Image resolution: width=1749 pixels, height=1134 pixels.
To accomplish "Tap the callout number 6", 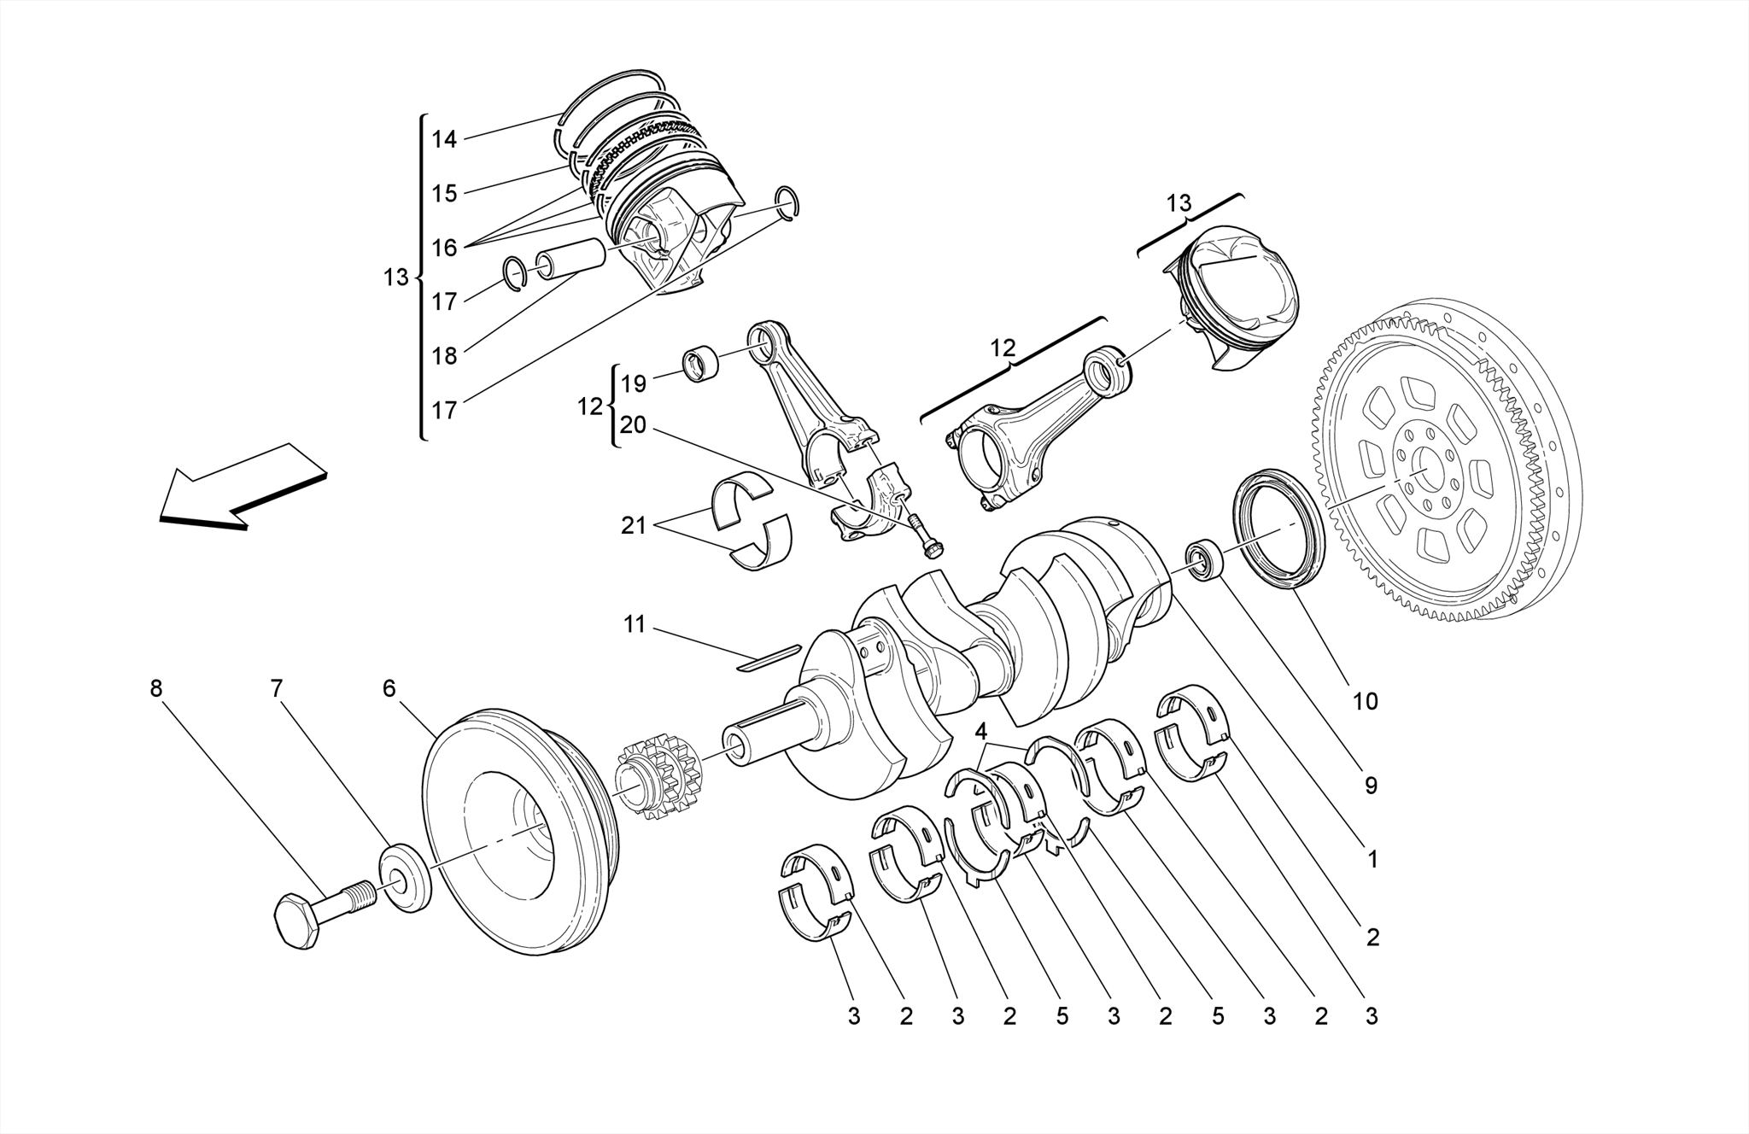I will [x=389, y=688].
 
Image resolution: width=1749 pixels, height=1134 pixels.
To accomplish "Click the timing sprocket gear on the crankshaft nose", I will [x=656, y=780].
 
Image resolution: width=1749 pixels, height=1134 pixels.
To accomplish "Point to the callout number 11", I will [x=634, y=624].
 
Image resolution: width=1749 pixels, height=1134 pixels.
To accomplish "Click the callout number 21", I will [x=634, y=526].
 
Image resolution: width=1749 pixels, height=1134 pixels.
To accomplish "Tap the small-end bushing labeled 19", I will [x=700, y=365].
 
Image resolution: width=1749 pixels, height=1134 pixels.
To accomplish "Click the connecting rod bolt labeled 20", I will [x=924, y=535].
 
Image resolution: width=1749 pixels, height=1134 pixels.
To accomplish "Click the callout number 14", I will [x=444, y=139].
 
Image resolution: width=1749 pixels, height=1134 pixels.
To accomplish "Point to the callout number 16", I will [x=444, y=248].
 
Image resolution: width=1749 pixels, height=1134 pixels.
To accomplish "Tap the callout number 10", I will [x=1365, y=701].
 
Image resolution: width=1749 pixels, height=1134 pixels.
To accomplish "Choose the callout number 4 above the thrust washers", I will [x=981, y=731].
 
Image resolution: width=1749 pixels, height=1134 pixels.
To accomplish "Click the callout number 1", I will [x=1372, y=860].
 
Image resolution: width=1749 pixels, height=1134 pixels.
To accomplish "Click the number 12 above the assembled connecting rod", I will [x=1003, y=348].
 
